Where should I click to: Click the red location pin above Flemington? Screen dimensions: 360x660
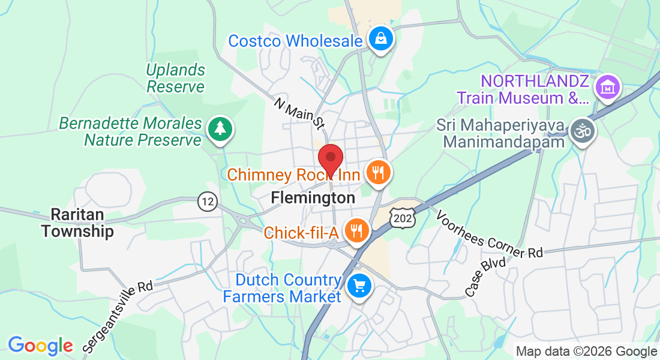[330, 159]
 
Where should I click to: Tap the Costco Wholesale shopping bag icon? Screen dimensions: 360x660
[380, 39]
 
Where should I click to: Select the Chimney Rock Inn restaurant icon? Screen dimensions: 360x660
[378, 173]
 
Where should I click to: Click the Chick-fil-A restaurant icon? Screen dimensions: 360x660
[356, 231]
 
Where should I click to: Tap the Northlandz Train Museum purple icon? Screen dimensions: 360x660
[607, 88]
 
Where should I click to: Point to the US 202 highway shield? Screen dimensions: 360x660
[402, 218]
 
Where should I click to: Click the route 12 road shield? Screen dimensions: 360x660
[208, 201]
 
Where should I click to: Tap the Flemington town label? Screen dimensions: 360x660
[313, 197]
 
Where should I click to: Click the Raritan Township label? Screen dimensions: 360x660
[77, 223]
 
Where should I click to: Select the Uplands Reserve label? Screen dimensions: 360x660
[176, 78]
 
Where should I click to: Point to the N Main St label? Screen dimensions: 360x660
[299, 113]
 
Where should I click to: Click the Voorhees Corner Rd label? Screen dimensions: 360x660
[489, 233]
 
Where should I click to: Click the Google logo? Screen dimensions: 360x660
[40, 346]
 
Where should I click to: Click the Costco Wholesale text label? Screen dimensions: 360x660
[295, 41]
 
